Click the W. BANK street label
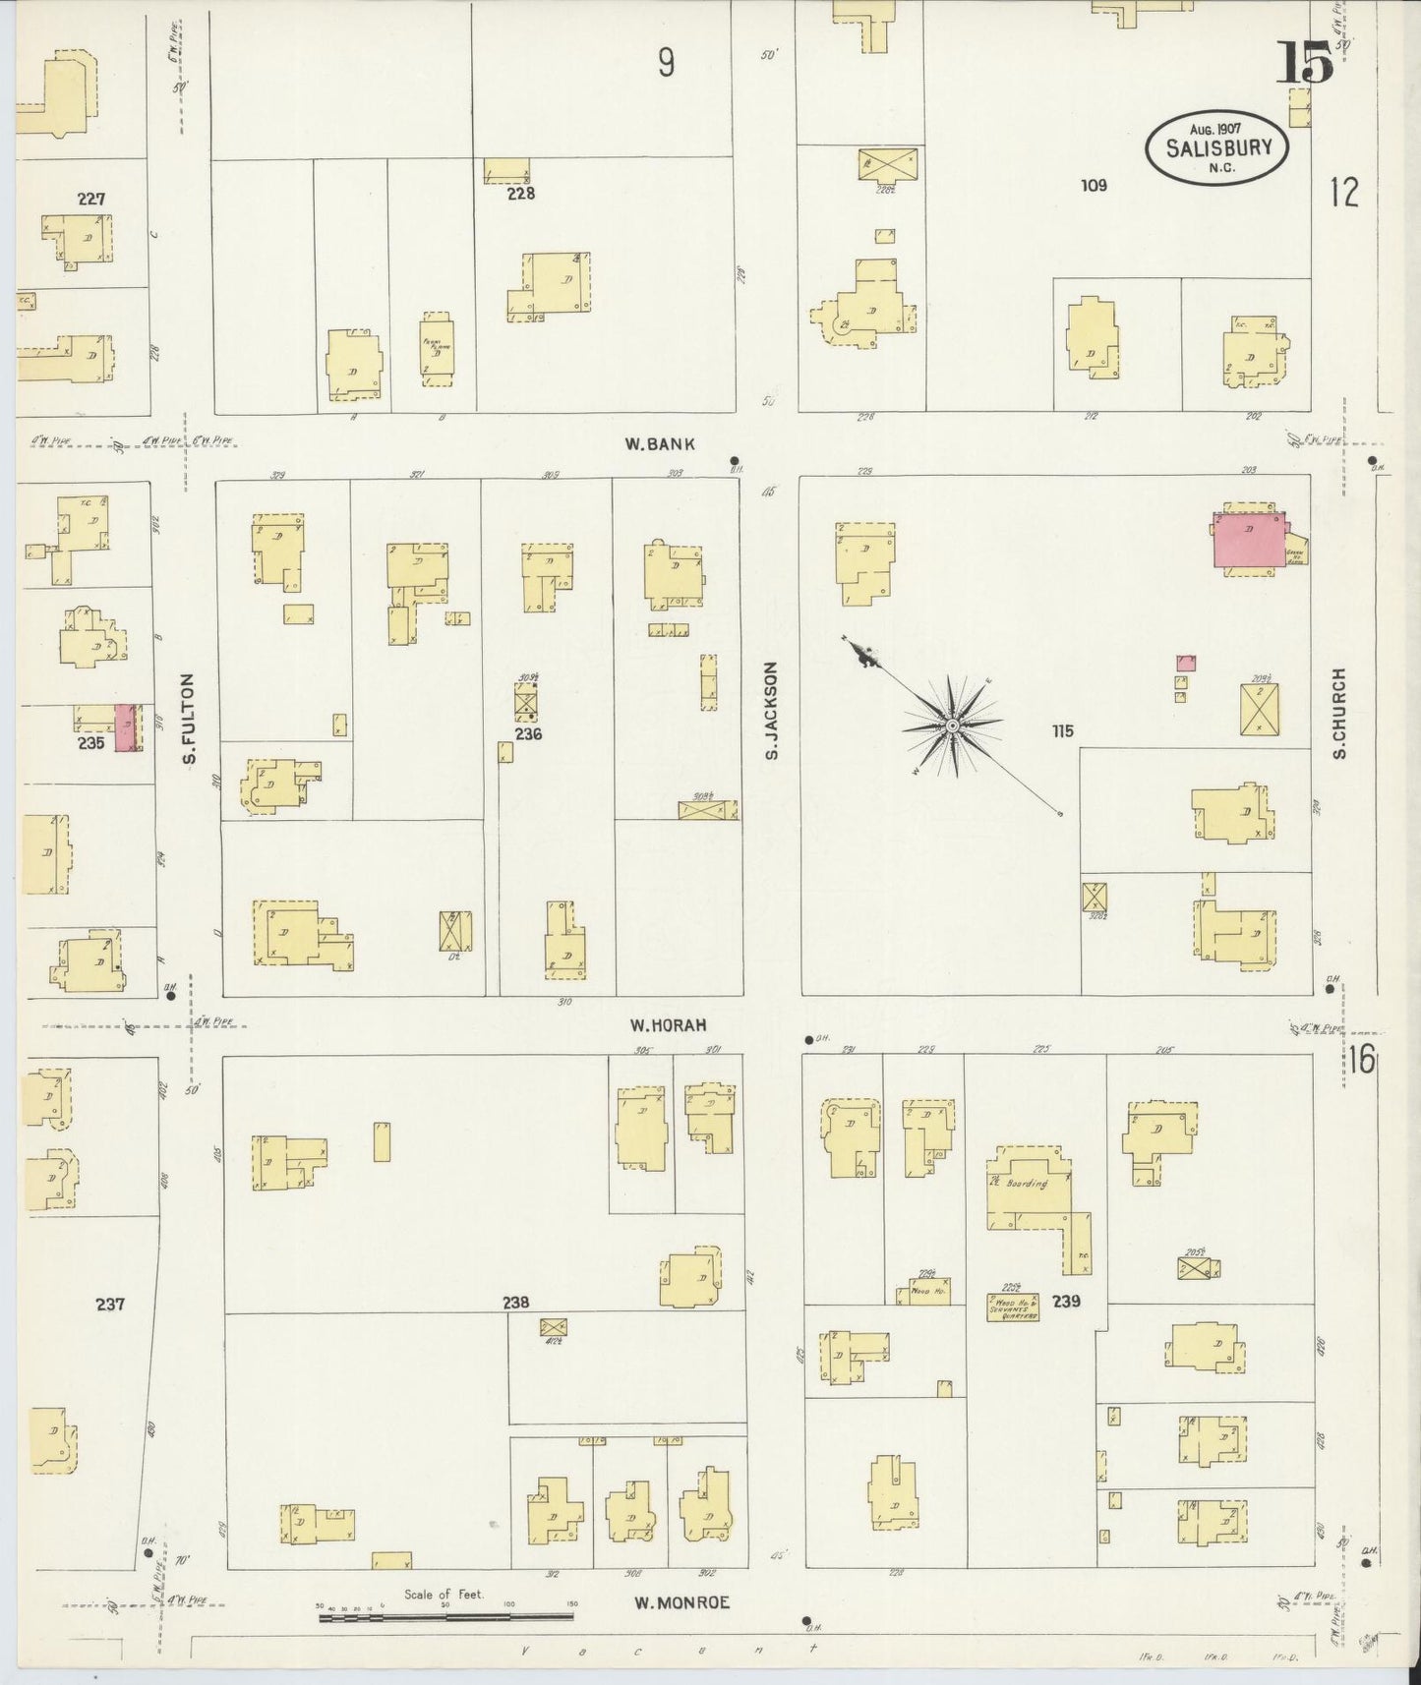(660, 443)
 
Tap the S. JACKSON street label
(771, 710)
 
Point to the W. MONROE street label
(681, 1602)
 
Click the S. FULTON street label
(190, 719)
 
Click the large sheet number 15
(1305, 64)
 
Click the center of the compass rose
(952, 726)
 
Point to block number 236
(528, 733)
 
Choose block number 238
(515, 1303)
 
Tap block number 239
(1066, 1301)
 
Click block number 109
(1093, 185)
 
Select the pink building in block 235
(126, 728)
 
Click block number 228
(520, 193)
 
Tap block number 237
(110, 1305)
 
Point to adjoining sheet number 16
(1361, 1061)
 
